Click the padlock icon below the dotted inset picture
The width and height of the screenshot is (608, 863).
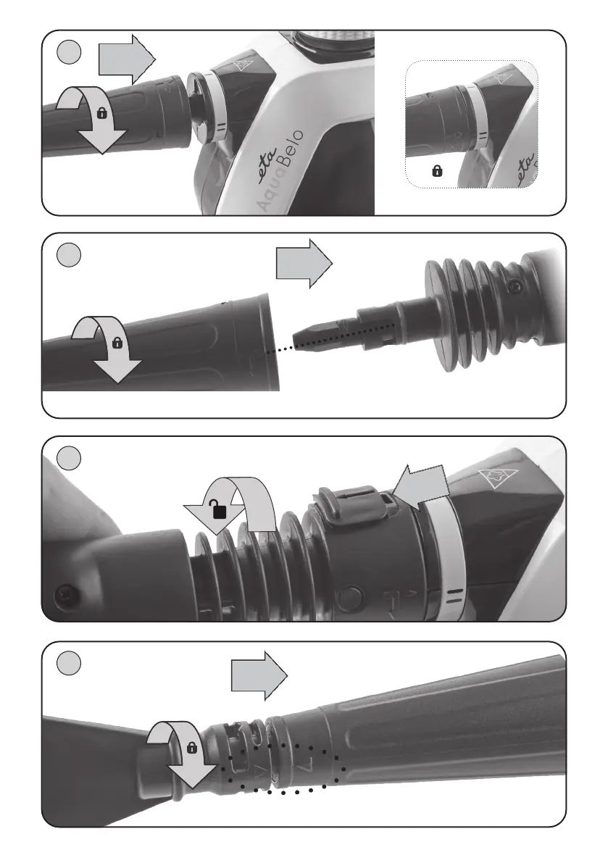click(x=438, y=171)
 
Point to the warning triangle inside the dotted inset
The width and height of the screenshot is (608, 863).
click(x=504, y=79)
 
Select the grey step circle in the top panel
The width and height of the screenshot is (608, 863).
click(x=69, y=52)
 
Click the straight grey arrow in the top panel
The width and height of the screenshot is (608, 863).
click(x=127, y=58)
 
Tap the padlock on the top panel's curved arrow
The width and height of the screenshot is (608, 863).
click(x=101, y=113)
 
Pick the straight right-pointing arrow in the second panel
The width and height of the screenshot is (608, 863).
click(x=304, y=264)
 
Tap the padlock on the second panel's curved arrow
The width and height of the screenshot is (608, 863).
click(x=117, y=343)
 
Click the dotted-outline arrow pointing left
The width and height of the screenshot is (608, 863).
click(x=422, y=489)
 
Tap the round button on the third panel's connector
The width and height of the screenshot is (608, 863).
click(x=351, y=597)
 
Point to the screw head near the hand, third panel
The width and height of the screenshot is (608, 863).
click(x=66, y=594)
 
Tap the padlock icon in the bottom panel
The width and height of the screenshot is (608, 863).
click(x=192, y=747)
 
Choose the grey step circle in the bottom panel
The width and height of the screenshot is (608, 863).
click(x=69, y=663)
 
